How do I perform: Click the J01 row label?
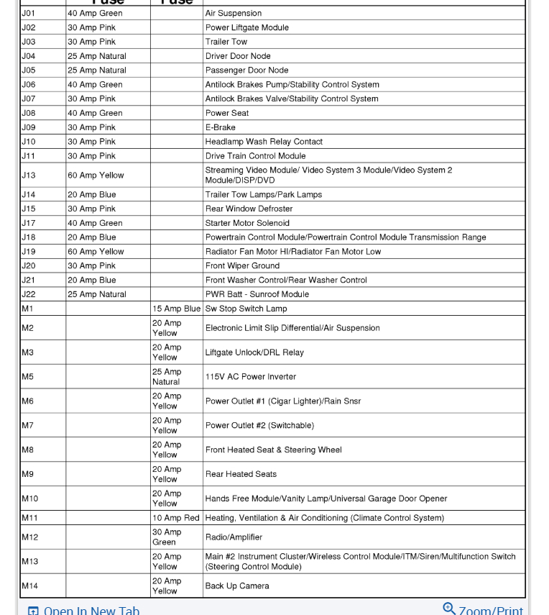tap(28, 13)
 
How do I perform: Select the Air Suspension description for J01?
tap(234, 13)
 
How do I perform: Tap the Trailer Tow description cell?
tap(226, 42)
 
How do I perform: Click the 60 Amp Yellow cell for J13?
tap(96, 175)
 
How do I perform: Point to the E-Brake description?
tap(221, 127)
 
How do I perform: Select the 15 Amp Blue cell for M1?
tap(176, 309)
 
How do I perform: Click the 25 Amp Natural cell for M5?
tap(167, 376)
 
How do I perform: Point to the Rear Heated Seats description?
tap(241, 474)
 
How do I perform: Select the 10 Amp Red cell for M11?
tap(176, 518)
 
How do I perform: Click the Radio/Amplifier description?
tap(234, 537)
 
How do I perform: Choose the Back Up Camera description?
tap(237, 586)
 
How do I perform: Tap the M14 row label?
tap(30, 586)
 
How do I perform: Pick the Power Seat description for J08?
tap(227, 113)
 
